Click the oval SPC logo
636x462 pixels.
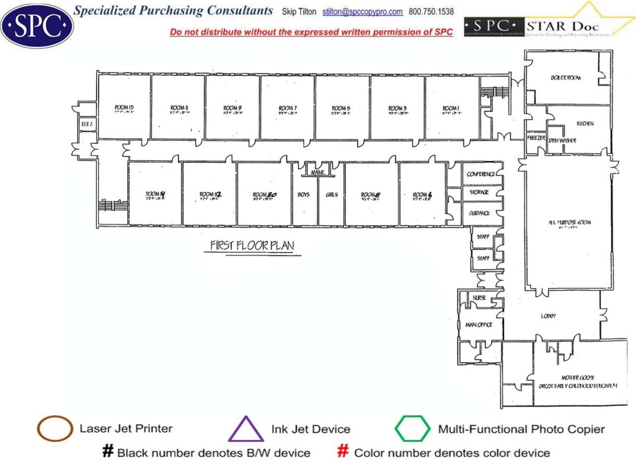click(37, 25)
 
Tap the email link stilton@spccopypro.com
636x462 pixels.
click(363, 12)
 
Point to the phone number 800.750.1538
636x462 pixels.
click(431, 12)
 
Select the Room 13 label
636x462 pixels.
click(123, 108)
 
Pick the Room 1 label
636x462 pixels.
click(451, 108)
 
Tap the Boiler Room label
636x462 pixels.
click(567, 78)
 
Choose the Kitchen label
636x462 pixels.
click(585, 123)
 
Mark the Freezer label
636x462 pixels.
click(536, 137)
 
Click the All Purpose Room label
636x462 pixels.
click(569, 223)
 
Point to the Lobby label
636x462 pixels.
click(548, 316)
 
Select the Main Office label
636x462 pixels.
click(479, 325)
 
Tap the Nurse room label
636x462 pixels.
click(479, 298)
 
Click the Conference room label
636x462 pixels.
click(481, 174)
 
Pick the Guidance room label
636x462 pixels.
click(479, 213)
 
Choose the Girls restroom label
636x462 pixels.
click(332, 195)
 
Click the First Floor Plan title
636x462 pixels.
click(252, 246)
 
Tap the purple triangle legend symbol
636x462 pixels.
click(245, 430)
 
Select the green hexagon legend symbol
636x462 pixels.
click(413, 429)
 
